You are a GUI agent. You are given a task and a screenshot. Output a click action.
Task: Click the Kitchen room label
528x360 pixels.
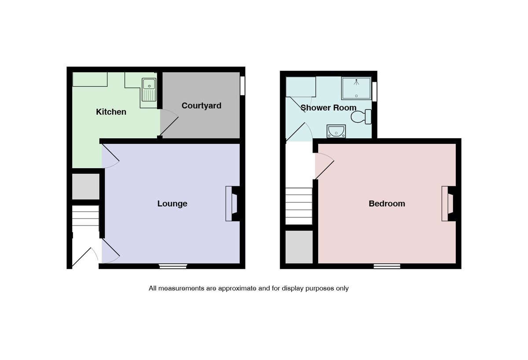[111, 112]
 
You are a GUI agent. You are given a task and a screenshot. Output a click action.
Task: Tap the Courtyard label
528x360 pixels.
[201, 106]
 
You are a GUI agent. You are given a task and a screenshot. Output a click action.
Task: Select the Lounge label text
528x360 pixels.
[172, 203]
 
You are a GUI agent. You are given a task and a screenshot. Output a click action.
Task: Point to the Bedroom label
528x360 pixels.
[387, 203]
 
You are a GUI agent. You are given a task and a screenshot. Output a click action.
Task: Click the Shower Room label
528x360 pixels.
[329, 108]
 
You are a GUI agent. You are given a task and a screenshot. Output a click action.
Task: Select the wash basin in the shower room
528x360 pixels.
[336, 131]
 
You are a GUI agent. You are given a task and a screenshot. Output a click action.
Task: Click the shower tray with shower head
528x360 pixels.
[356, 88]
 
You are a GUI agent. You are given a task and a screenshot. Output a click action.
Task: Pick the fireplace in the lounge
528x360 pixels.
[232, 204]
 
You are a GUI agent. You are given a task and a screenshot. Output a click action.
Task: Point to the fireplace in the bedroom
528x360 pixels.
[448, 204]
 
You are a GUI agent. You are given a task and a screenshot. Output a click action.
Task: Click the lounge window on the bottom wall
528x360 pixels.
[173, 266]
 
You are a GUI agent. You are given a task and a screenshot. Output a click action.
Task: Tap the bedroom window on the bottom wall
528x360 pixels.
[387, 266]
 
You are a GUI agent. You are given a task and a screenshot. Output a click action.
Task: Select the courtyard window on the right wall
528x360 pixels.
[242, 86]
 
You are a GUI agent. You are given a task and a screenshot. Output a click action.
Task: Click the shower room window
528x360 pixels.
[374, 92]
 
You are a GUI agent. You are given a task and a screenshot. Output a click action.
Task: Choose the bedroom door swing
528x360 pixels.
[324, 165]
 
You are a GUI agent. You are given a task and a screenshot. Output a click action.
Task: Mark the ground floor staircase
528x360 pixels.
[85, 216]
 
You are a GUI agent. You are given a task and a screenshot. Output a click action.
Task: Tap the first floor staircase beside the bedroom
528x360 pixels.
[299, 206]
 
